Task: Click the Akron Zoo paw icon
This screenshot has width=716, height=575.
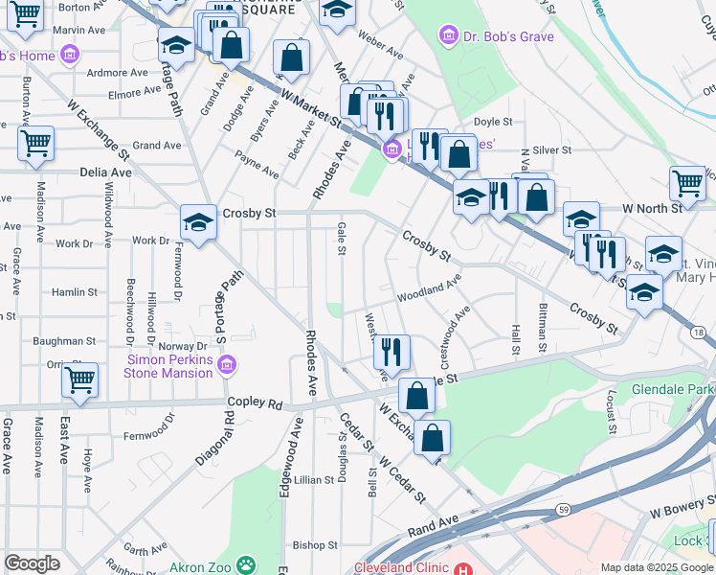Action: coord(246,567)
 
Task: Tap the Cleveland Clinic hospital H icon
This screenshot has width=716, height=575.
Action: coord(464,568)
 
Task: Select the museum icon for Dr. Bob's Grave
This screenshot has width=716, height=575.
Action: coord(446,36)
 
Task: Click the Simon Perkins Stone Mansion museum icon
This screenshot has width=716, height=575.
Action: coord(227,365)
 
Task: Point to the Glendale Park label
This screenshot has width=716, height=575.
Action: coord(673,390)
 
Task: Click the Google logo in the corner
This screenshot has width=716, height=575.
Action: coord(32,563)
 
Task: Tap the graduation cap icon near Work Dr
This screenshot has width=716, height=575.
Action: coord(197,222)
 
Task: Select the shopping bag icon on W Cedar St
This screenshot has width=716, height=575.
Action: coord(433,436)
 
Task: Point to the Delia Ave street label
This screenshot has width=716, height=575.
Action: coord(106,172)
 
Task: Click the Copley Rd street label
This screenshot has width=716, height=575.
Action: coord(255,403)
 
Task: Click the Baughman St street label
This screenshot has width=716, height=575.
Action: coord(64,340)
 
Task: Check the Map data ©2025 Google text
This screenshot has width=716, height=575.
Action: coord(657,567)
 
